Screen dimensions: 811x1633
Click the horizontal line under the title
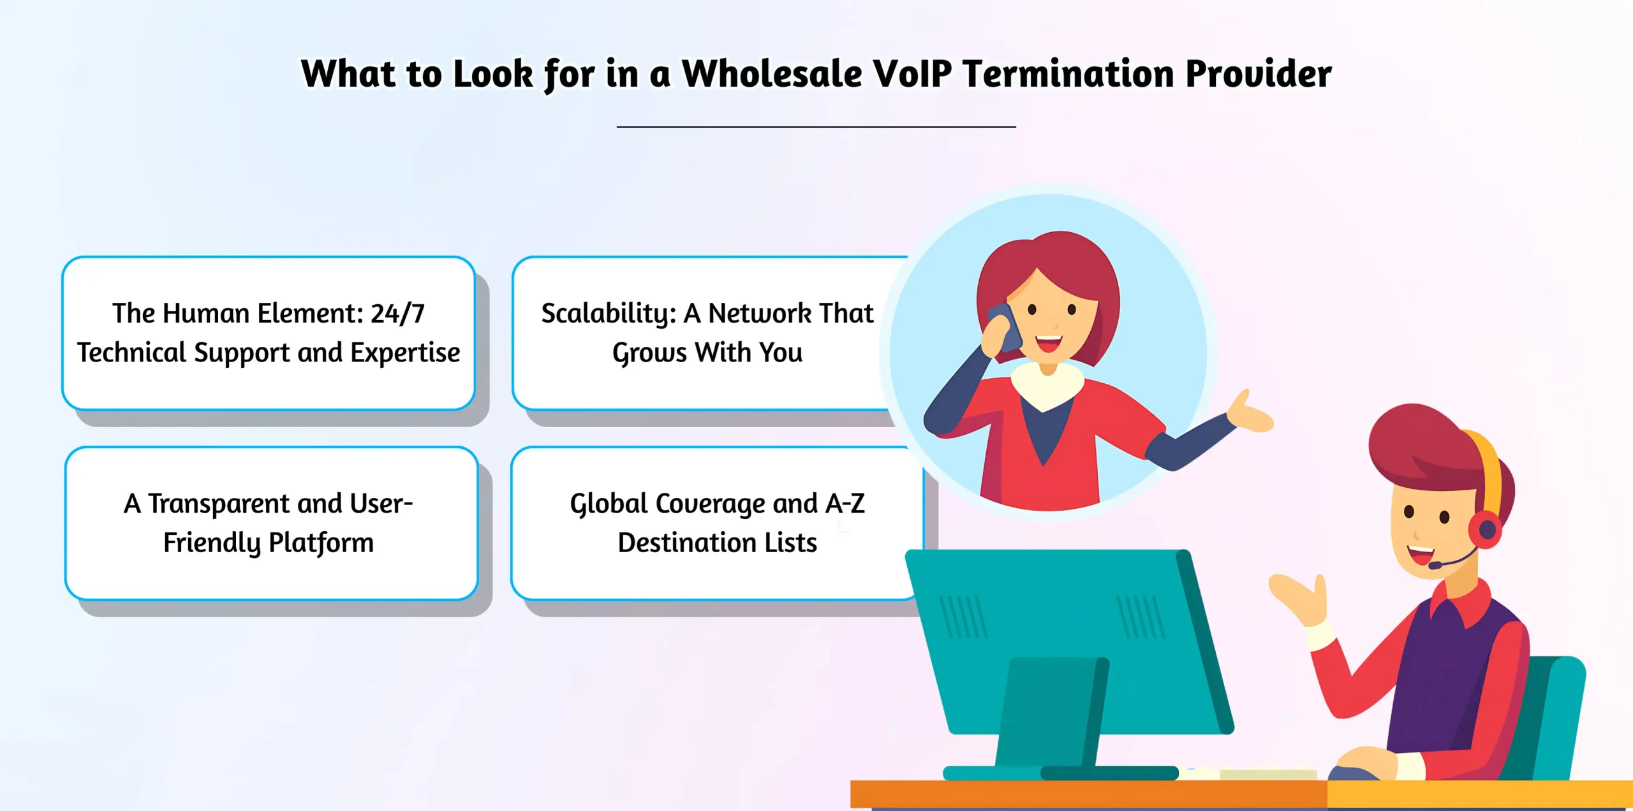[x=816, y=127]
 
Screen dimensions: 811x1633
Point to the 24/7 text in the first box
[x=397, y=314]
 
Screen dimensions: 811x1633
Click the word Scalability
[x=608, y=314]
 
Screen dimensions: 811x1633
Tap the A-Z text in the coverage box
[x=845, y=504]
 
